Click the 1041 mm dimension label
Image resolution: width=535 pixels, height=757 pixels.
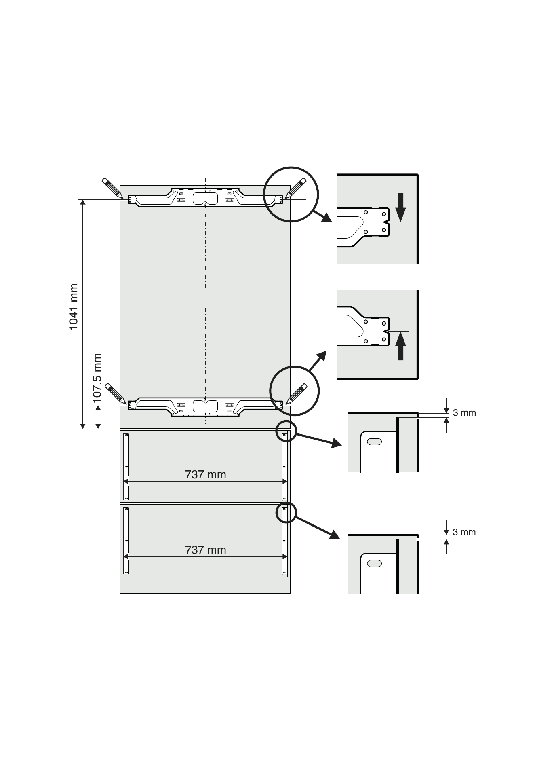coord(73,307)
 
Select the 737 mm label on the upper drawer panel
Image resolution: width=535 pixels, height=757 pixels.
coord(206,474)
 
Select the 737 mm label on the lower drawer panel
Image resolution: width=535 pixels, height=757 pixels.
coord(206,550)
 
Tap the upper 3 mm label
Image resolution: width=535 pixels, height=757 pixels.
coord(464,413)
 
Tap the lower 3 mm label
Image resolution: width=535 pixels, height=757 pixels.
coord(464,532)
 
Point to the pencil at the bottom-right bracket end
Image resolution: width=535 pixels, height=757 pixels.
coord(296,394)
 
